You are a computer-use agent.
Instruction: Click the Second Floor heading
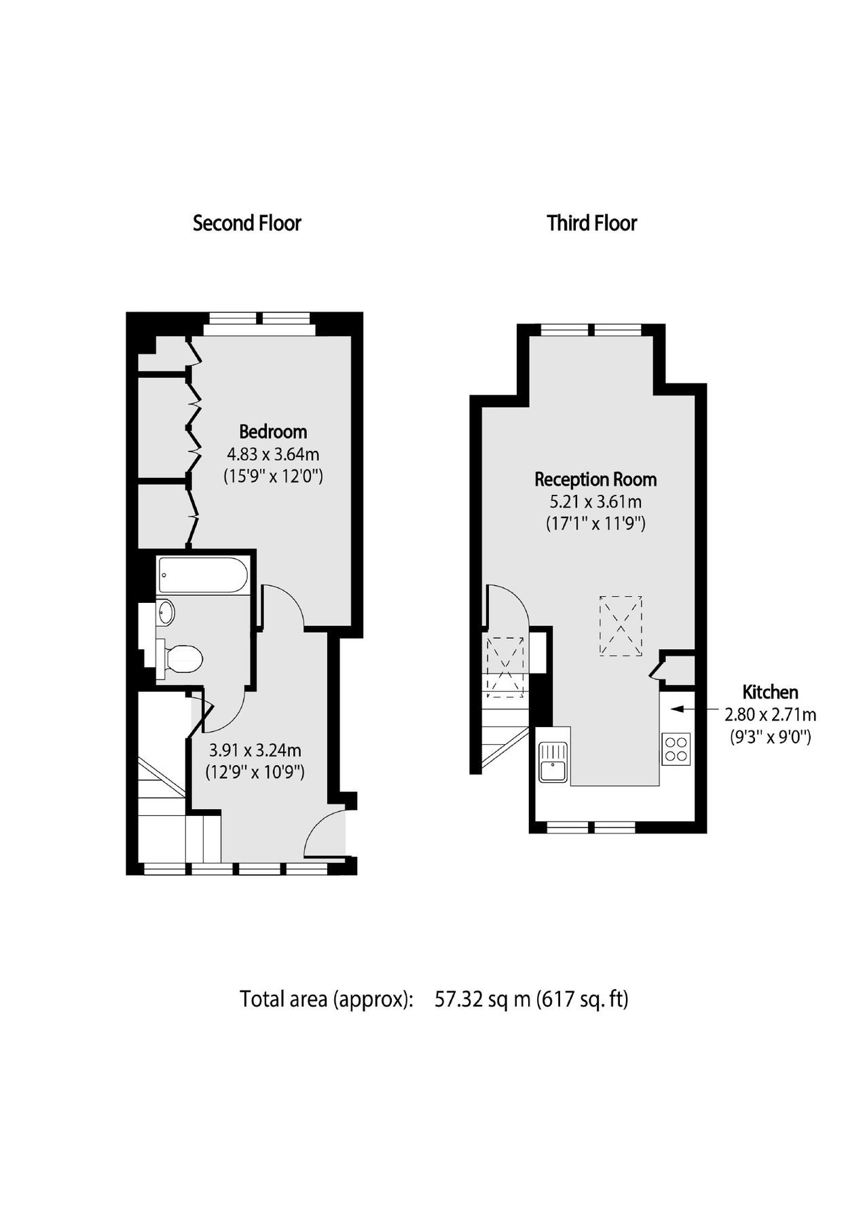(x=246, y=223)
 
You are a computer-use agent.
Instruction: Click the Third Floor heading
(x=591, y=223)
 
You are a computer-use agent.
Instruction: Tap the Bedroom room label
(x=273, y=432)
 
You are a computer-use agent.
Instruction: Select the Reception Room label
(x=595, y=480)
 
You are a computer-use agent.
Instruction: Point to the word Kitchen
(x=770, y=692)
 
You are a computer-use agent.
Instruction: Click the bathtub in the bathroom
(x=202, y=576)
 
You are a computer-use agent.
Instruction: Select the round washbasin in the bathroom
(x=165, y=612)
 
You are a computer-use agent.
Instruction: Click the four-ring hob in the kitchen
(x=676, y=749)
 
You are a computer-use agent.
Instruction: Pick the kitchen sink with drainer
(x=553, y=762)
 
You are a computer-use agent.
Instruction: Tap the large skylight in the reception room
(x=621, y=626)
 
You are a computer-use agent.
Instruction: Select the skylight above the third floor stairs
(x=506, y=667)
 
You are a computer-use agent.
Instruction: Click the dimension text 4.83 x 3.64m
(x=273, y=454)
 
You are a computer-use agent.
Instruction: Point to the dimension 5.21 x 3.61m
(x=595, y=502)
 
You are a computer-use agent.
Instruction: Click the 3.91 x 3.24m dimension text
(x=255, y=751)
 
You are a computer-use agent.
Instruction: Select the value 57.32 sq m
(x=482, y=999)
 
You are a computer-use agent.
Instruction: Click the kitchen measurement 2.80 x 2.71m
(x=770, y=715)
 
